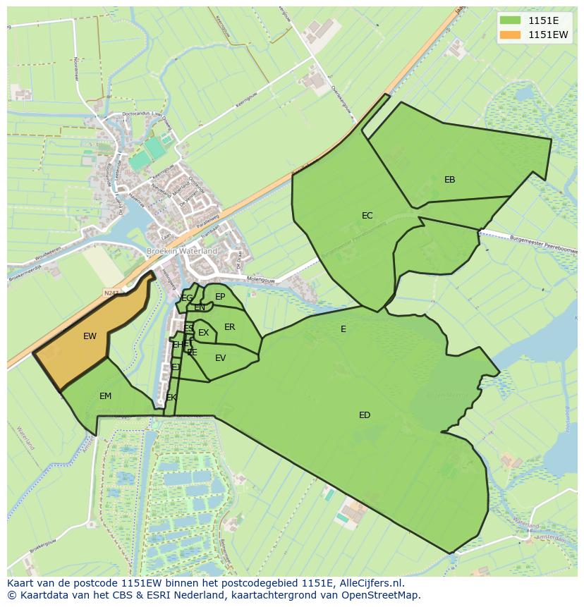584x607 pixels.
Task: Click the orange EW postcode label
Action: pyautogui.click(x=90, y=336)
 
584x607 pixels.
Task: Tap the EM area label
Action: pyautogui.click(x=105, y=396)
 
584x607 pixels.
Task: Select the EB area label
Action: pyautogui.click(x=449, y=180)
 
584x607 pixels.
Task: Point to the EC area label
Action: pyautogui.click(x=367, y=216)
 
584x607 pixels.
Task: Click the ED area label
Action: pyautogui.click(x=364, y=415)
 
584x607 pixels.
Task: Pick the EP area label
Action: pyautogui.click(x=220, y=297)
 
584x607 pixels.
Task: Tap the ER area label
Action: pyautogui.click(x=229, y=327)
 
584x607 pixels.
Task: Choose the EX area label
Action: pyautogui.click(x=203, y=333)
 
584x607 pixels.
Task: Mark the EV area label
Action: pyautogui.click(x=220, y=358)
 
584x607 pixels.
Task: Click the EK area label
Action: pyautogui.click(x=171, y=398)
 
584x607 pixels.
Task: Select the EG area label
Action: pyautogui.click(x=187, y=298)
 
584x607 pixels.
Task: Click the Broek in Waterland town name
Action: pyautogui.click(x=181, y=251)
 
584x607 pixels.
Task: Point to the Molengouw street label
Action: pyautogui.click(x=261, y=281)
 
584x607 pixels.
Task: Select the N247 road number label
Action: pyautogui.click(x=111, y=292)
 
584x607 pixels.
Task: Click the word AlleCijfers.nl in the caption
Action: pyautogui.click(x=369, y=583)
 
